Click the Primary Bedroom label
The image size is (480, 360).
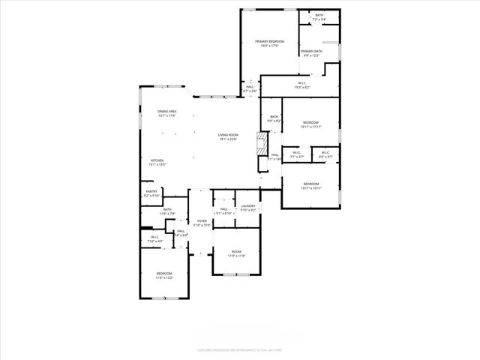click(269, 43)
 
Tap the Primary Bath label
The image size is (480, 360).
click(311, 53)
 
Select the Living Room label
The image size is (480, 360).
click(227, 136)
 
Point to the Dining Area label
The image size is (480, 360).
click(166, 113)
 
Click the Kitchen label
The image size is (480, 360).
click(157, 163)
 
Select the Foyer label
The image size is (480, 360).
click(202, 223)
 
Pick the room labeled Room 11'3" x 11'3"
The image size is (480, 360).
click(237, 253)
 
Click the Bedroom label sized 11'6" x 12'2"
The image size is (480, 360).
click(164, 275)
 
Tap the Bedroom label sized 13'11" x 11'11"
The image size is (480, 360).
click(310, 124)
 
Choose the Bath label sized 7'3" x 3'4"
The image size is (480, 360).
click(319, 17)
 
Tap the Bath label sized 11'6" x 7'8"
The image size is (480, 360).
click(166, 211)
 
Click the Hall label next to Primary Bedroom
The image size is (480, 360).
click(250, 88)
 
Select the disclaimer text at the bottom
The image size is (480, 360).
click(239, 349)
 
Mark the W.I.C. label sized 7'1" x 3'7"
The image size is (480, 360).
click(297, 154)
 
